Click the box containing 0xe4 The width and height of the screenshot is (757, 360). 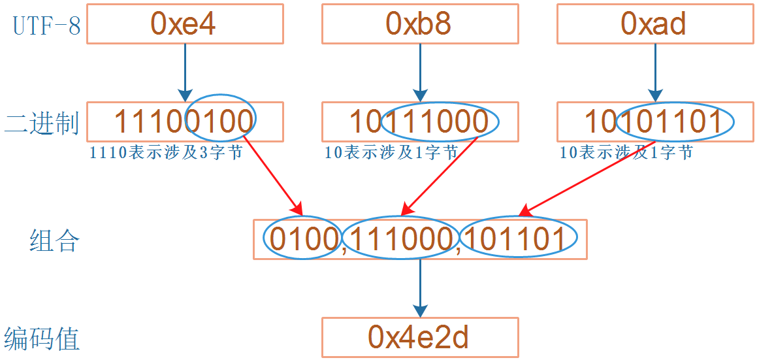coord(185,24)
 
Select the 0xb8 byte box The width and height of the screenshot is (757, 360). coord(420,24)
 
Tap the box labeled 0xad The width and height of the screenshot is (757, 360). coord(655,24)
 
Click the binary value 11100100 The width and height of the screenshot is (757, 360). coord(185,122)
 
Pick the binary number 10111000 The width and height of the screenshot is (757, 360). coord(420,122)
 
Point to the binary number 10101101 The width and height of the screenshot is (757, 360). coord(655,122)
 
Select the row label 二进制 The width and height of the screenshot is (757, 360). coord(42,123)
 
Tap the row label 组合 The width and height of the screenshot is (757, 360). coord(55,240)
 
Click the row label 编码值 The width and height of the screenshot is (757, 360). coord(42,339)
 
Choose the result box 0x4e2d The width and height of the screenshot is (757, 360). coord(420,338)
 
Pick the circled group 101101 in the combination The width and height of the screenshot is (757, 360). coord(519,238)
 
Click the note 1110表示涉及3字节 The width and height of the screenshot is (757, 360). coord(167,154)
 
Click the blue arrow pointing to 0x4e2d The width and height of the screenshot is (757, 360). coord(420,287)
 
